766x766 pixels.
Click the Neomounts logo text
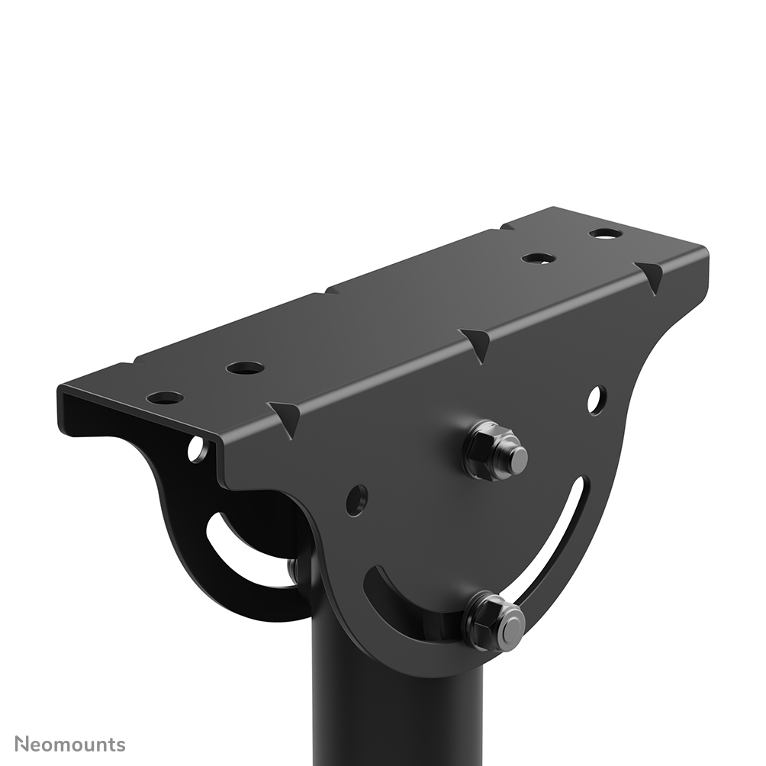pos(70,744)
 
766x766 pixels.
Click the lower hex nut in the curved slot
pos(494,621)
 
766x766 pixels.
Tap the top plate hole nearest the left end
pos(165,397)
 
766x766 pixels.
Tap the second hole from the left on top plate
pos(245,368)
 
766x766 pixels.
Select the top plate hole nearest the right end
pos(605,233)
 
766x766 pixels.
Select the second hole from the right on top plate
pos(539,258)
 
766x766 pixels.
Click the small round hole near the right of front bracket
pos(597,399)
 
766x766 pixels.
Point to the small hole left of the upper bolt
pos(356,500)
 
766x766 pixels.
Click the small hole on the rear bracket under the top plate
pos(197,450)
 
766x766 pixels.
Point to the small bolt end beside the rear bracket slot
pos(292,568)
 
